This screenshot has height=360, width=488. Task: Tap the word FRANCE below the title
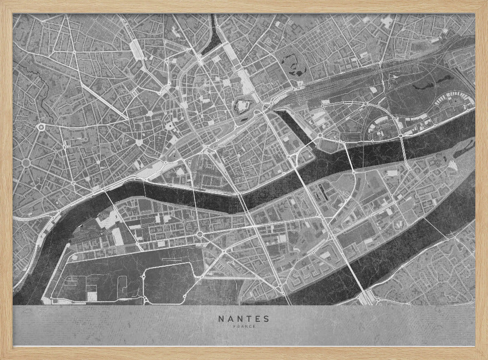(x=244, y=327)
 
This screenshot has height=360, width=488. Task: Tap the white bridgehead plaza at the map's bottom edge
(x=367, y=298)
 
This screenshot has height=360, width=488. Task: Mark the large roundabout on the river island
(x=200, y=235)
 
